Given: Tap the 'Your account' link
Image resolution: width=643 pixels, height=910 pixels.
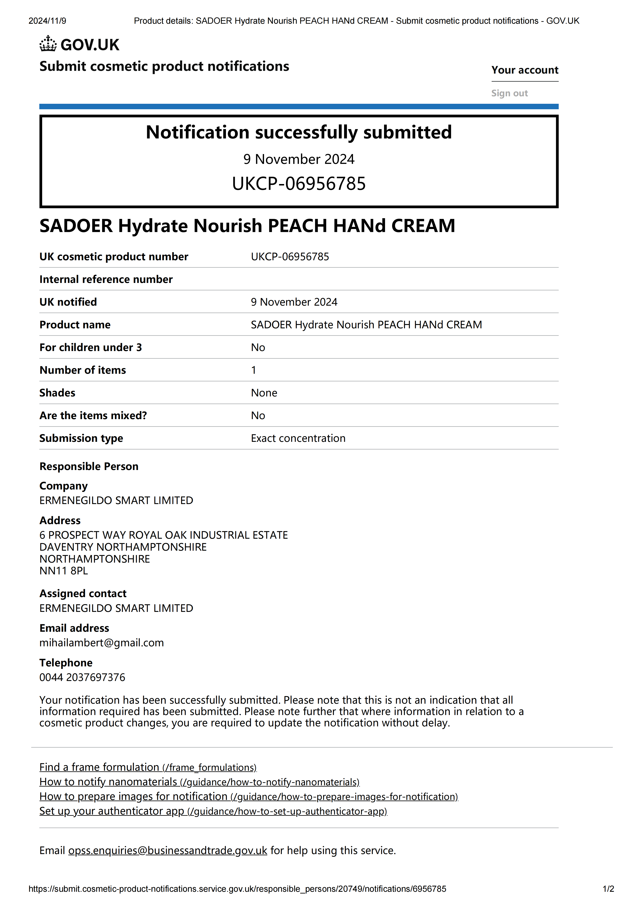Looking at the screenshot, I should (524, 70).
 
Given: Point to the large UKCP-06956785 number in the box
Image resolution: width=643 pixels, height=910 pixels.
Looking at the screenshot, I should (299, 183).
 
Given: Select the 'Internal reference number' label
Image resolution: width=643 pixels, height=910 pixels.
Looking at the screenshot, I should (106, 279).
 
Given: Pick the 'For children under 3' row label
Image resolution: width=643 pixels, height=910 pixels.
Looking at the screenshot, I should (90, 348).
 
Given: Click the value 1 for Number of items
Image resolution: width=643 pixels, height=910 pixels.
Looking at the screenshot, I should (254, 370).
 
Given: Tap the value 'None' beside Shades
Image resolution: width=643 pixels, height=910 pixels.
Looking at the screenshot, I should (264, 393).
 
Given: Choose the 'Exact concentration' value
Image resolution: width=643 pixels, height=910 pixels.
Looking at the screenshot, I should (298, 438).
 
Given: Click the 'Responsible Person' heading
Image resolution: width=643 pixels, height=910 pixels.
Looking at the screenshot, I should (89, 467).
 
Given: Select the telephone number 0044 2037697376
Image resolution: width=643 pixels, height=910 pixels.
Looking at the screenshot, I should (82, 677).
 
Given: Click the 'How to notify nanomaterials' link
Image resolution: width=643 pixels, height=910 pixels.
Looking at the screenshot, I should (199, 782).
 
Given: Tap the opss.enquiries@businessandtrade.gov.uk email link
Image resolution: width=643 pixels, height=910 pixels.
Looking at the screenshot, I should (168, 851).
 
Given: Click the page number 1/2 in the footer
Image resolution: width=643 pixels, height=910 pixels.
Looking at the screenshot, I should (608, 889).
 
